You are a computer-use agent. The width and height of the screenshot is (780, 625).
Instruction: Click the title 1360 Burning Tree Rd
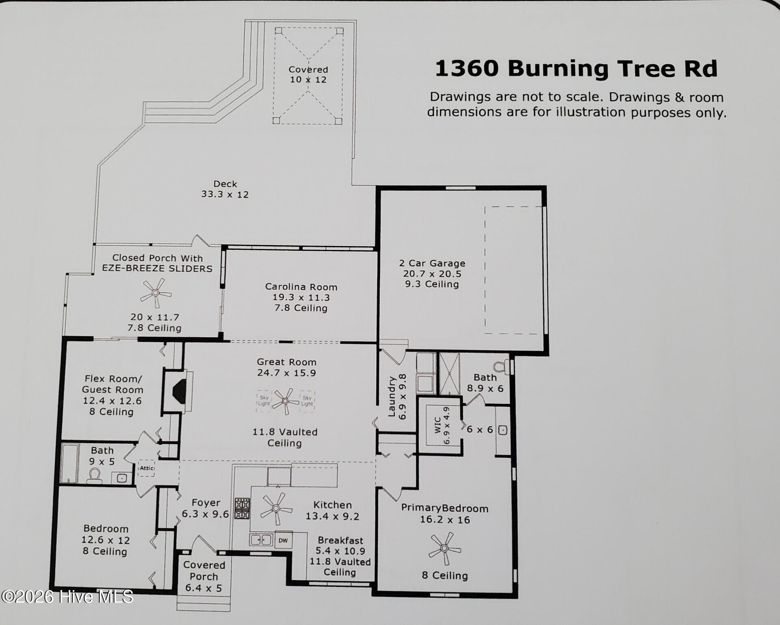click(576, 68)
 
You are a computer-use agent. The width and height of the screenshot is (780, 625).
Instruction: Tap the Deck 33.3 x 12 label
click(225, 189)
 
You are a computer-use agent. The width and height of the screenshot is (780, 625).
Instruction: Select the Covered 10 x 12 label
click(308, 75)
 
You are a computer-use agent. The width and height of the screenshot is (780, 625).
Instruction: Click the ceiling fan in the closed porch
click(156, 293)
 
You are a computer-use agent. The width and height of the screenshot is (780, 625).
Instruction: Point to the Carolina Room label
click(301, 287)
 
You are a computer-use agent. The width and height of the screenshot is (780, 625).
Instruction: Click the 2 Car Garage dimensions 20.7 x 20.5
click(432, 274)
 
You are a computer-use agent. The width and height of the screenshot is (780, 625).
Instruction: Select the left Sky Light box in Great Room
click(264, 401)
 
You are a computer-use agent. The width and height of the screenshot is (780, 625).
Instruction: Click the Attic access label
click(146, 468)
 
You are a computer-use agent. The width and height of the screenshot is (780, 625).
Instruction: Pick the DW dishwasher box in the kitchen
click(283, 540)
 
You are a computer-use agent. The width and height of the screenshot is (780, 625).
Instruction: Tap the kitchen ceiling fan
click(276, 508)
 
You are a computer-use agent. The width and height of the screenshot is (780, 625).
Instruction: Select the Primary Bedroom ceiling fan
click(444, 549)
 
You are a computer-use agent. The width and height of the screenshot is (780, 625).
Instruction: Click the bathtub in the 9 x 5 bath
click(69, 464)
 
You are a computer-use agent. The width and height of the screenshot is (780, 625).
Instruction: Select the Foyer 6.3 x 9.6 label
click(206, 508)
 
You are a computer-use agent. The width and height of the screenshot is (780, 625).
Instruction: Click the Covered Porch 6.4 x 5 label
click(204, 576)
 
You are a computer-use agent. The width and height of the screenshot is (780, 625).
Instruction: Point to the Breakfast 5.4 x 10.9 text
click(340, 546)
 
